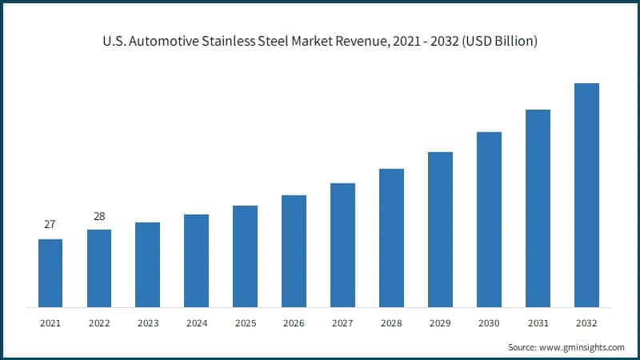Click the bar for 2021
click(50, 273)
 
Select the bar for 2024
click(196, 261)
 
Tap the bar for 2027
click(342, 245)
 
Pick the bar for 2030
click(489, 219)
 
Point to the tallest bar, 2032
click(586, 195)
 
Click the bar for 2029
click(440, 230)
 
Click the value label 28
click(99, 216)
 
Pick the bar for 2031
click(538, 208)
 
